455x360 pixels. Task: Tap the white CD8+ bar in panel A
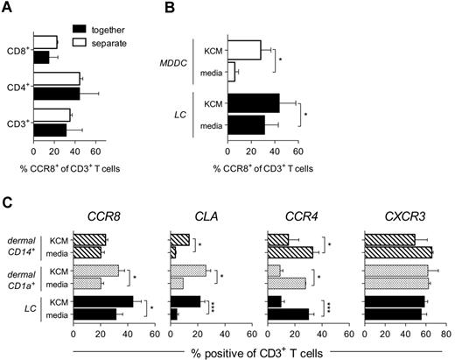45,42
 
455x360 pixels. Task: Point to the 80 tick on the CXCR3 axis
447,334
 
